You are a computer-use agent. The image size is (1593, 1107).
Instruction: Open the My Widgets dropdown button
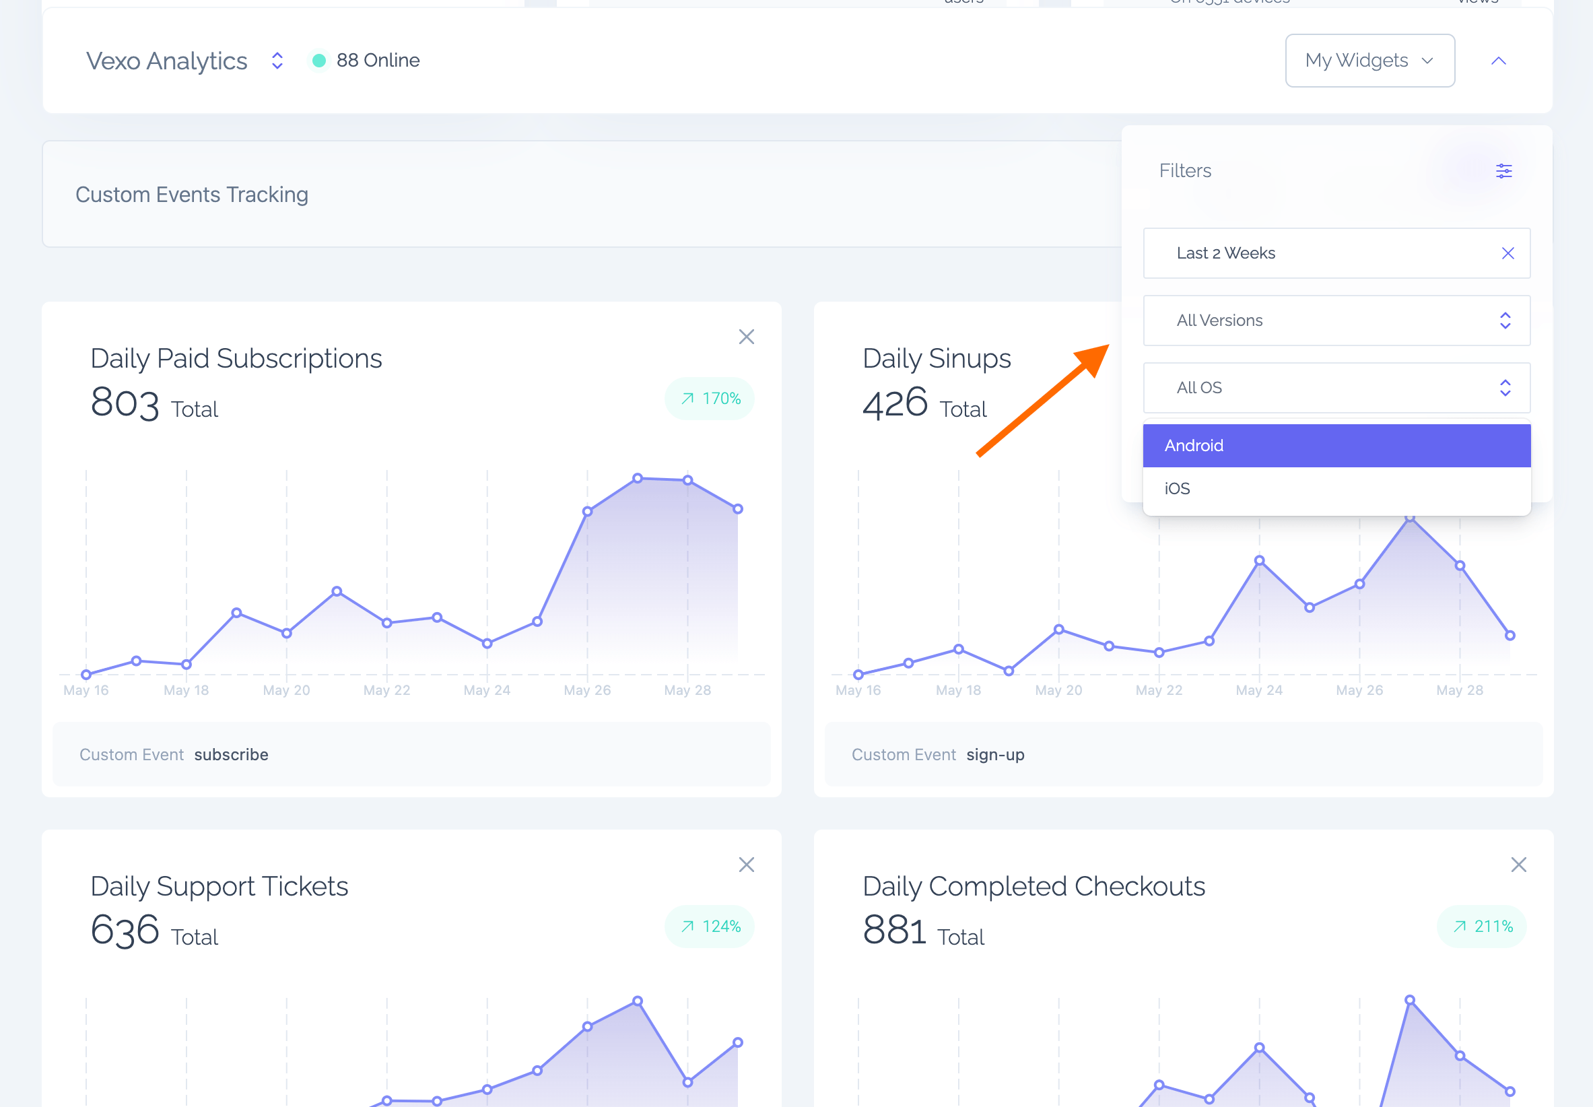tap(1369, 61)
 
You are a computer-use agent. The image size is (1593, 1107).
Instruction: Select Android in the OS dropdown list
tap(1336, 445)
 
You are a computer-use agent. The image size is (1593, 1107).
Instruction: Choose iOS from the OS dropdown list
tap(1336, 489)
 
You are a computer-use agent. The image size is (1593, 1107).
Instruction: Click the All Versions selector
tap(1336, 321)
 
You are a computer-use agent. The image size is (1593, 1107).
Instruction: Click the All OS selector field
tap(1336, 388)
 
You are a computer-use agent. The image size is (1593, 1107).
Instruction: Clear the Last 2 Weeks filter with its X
tap(1507, 253)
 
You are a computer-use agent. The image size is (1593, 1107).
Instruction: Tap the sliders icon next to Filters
tap(1503, 170)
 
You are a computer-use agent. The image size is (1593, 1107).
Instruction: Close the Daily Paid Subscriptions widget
tap(746, 337)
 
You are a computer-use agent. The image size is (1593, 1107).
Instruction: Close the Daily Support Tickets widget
tap(746, 865)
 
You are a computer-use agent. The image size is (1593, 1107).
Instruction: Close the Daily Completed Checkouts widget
tap(1518, 865)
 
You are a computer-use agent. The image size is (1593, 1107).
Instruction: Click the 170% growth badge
tap(710, 399)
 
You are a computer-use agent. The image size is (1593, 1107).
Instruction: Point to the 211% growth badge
tap(1481, 927)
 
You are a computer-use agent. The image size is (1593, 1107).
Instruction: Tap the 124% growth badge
tap(710, 927)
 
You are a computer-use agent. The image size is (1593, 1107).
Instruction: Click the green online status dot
tap(319, 61)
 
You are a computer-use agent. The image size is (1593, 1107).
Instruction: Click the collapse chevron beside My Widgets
tap(1498, 61)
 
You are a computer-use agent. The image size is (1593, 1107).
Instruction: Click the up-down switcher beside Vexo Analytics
tap(277, 61)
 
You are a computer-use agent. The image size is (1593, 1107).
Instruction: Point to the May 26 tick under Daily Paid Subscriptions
tap(586, 690)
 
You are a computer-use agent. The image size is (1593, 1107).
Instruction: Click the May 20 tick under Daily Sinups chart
tap(1058, 690)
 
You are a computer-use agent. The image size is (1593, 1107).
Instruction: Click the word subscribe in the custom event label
tap(231, 755)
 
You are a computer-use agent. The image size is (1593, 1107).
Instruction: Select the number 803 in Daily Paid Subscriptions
tap(125, 403)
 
